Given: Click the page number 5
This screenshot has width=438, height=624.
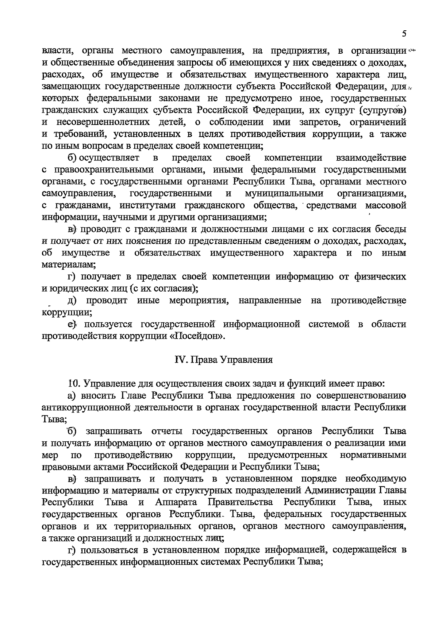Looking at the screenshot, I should coord(404,34).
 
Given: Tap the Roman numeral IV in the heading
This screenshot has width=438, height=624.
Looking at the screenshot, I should coord(180,360).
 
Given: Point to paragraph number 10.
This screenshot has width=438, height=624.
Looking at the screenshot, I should coord(74,384).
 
